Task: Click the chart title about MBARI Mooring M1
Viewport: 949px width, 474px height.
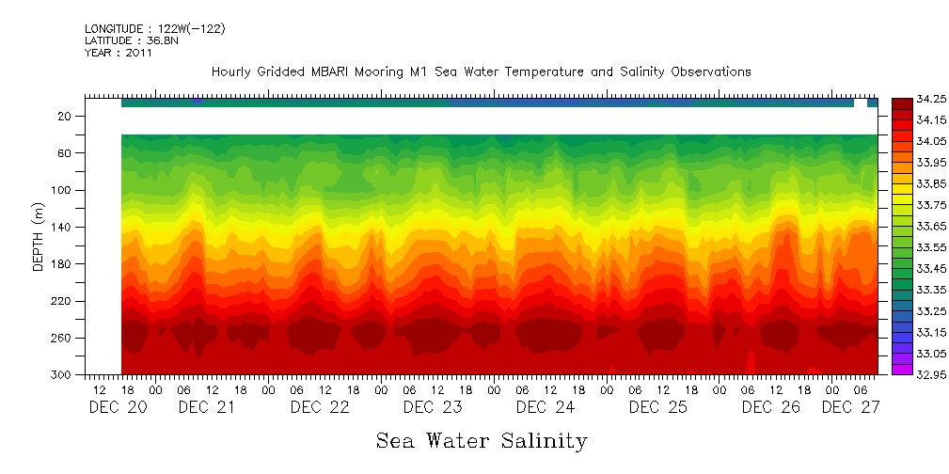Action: (481, 71)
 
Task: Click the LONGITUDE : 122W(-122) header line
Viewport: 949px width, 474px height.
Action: (155, 29)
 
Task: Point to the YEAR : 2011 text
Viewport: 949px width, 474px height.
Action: (119, 54)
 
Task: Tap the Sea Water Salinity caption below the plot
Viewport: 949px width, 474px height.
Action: (482, 441)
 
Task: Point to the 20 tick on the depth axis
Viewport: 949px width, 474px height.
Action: (65, 117)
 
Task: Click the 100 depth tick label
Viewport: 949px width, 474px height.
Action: (62, 191)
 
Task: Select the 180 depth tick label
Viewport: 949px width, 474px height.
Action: (62, 264)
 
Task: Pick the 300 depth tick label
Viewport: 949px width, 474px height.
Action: (62, 375)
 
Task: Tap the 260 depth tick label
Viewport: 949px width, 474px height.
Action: (62, 339)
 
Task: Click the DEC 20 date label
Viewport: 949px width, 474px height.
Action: (119, 408)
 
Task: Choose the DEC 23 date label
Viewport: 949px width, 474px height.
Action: (433, 408)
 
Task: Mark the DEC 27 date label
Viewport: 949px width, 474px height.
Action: (851, 408)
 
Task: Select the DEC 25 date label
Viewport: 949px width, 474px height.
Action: (658, 408)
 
